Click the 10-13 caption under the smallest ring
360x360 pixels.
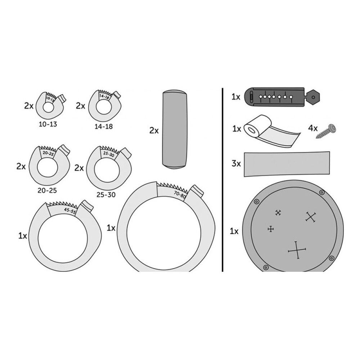pyautogui.click(x=48, y=124)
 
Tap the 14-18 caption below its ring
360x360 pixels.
pyautogui.click(x=104, y=126)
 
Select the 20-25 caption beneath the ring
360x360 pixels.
pyautogui.click(x=47, y=190)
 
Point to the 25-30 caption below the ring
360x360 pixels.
pyautogui.click(x=106, y=195)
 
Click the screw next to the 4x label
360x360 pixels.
pyautogui.click(x=326, y=131)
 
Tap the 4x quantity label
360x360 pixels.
pyautogui.click(x=313, y=129)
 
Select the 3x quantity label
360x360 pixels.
pyautogui.click(x=236, y=164)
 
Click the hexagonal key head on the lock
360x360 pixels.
pyautogui.click(x=313, y=97)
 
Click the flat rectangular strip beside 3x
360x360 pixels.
pyautogui.click(x=287, y=164)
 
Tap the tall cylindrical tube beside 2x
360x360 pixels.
pyautogui.click(x=175, y=130)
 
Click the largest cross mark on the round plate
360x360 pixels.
pyautogui.click(x=297, y=250)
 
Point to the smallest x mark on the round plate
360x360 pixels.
pyautogui.click(x=278, y=213)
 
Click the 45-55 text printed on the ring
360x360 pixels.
pyautogui.click(x=70, y=211)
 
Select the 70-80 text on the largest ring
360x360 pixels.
pyautogui.click(x=180, y=195)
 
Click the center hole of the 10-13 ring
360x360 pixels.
pyautogui.click(x=48, y=107)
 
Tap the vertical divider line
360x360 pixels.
pyautogui.click(x=222, y=180)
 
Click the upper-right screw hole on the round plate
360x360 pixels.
pyautogui.click(x=322, y=192)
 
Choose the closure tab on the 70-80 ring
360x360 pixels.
pyautogui.click(x=197, y=191)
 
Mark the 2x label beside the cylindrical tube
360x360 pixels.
pyautogui.click(x=154, y=130)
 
